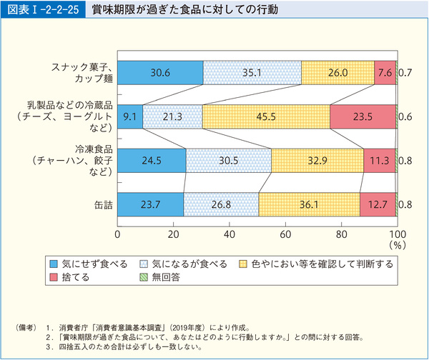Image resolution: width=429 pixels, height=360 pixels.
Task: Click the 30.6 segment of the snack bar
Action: click(x=159, y=73)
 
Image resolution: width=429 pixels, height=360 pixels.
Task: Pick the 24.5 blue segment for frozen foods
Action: click(x=151, y=161)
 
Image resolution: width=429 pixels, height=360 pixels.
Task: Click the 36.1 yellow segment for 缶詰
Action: click(x=309, y=205)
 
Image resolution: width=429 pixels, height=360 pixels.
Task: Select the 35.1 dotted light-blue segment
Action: click(x=252, y=73)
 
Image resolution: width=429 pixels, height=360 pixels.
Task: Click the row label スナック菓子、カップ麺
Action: click(x=80, y=72)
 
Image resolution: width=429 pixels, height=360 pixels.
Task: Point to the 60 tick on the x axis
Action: click(x=285, y=234)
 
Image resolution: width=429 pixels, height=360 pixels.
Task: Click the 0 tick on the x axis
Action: click(x=117, y=234)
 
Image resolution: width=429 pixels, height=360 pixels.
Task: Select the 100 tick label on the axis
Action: click(x=397, y=234)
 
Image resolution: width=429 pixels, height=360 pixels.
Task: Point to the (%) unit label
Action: click(x=398, y=244)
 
